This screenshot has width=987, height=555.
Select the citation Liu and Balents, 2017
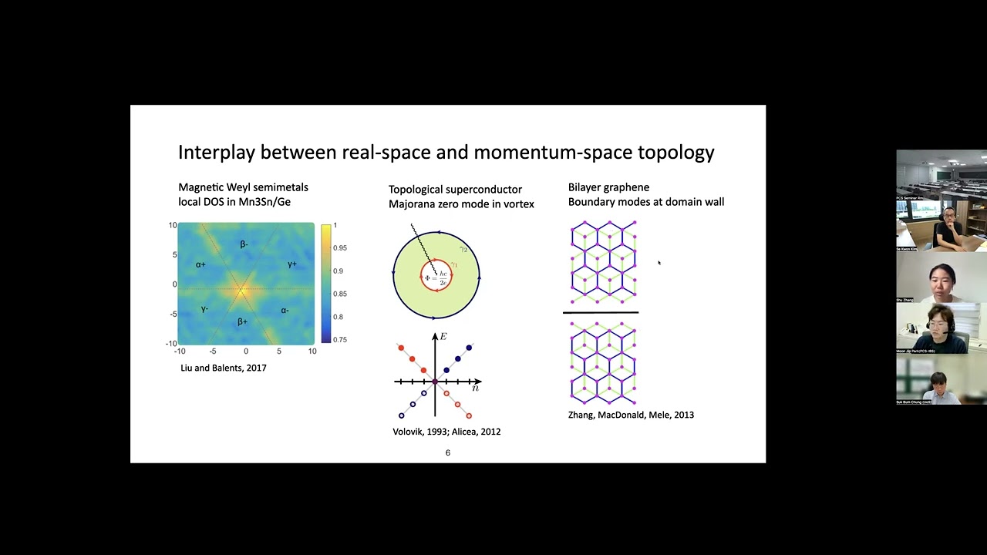point(224,368)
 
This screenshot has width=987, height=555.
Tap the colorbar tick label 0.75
point(340,339)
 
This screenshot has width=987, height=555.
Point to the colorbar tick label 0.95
point(340,248)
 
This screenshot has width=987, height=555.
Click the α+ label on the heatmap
point(200,264)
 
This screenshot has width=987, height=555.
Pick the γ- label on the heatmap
point(204,309)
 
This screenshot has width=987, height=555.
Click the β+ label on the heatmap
point(242,321)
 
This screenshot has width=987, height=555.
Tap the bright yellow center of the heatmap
point(241,291)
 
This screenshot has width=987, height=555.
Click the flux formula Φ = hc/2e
point(436,277)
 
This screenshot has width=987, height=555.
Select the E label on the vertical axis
point(443,336)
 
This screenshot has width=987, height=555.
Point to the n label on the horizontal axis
point(476,388)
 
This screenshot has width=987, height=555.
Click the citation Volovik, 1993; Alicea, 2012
point(446,432)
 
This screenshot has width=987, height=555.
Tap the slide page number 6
point(448,452)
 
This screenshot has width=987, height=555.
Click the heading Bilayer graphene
point(608,187)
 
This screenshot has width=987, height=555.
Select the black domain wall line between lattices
point(601,313)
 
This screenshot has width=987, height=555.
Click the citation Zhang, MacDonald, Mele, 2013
point(631,415)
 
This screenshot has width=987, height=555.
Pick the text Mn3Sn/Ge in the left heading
point(267,202)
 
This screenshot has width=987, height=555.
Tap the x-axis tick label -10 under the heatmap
point(179,351)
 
